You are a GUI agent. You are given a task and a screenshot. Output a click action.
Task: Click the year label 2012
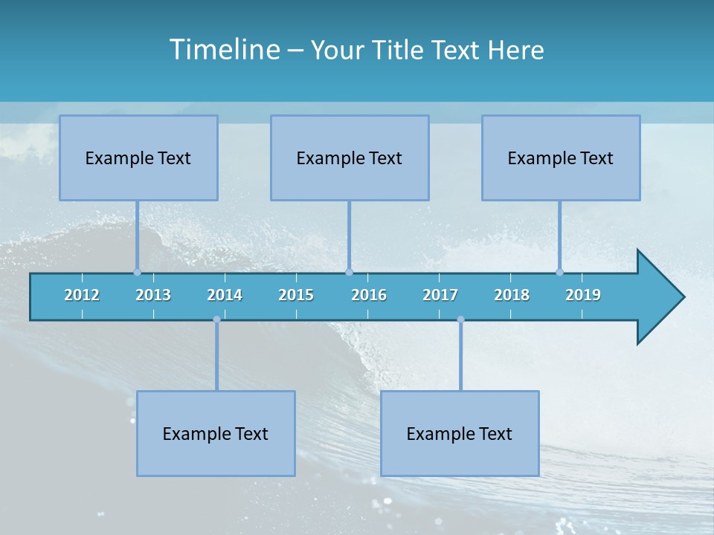[x=82, y=295]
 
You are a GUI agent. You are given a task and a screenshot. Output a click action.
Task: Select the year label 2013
[x=153, y=295]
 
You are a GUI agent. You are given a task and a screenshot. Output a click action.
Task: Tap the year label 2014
[x=225, y=295]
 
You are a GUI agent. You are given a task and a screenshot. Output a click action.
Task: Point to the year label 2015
[x=296, y=295]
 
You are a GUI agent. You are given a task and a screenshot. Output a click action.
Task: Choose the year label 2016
[x=369, y=295]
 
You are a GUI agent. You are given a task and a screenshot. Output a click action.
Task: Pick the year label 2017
[x=440, y=295]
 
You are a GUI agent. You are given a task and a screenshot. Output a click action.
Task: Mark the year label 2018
[x=512, y=295]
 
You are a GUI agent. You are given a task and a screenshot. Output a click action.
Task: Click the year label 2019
[x=583, y=295]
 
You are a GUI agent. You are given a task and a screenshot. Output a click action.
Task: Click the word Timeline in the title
[x=224, y=49]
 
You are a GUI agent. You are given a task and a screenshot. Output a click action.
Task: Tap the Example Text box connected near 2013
[x=138, y=158]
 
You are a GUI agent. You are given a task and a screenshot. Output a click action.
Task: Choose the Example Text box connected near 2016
[x=350, y=158]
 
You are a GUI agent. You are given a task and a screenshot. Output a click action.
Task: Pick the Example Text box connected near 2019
[x=561, y=158]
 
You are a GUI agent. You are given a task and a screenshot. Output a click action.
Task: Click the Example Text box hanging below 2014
[x=216, y=433]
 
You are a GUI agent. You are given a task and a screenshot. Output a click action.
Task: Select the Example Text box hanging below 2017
[x=460, y=433]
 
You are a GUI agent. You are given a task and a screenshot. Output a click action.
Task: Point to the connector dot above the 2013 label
[x=137, y=272]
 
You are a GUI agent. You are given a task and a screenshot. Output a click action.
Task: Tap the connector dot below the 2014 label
[x=216, y=320]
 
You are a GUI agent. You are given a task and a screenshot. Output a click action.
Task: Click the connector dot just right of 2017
[x=460, y=320]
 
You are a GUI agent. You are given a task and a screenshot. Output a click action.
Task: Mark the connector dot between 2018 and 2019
[x=559, y=272]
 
